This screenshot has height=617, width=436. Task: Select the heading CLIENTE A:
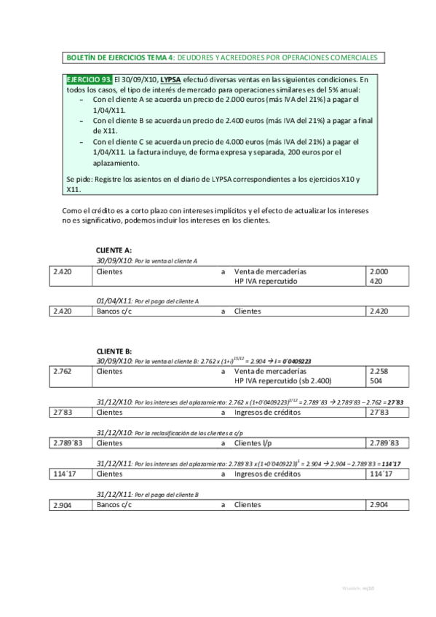[114, 250]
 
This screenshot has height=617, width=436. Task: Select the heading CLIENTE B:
[114, 351]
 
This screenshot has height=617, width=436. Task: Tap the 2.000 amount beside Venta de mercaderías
[378, 271]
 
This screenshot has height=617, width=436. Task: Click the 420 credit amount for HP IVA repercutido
[376, 281]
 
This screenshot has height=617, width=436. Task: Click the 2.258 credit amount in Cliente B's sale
[378, 371]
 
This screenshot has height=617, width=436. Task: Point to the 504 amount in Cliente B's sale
[376, 381]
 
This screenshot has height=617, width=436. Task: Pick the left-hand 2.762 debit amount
[63, 371]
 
